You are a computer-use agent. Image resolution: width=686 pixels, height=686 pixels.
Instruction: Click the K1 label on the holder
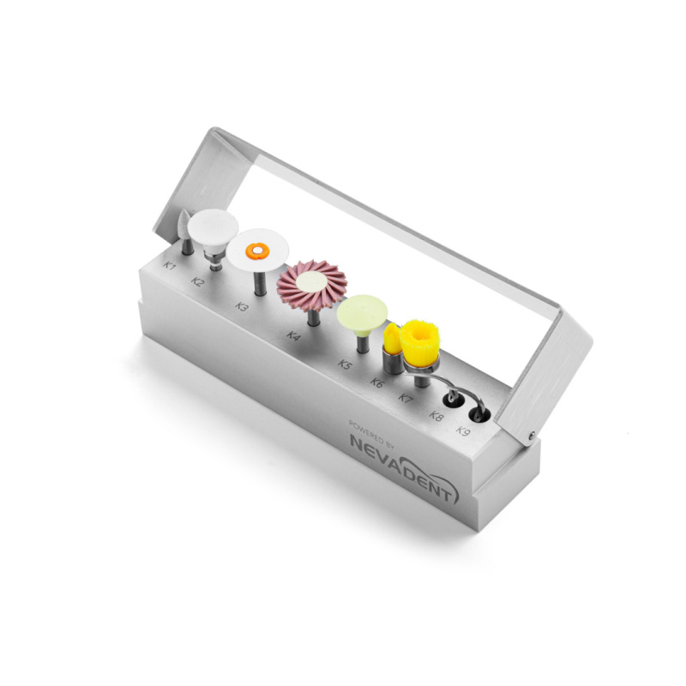[x=170, y=265]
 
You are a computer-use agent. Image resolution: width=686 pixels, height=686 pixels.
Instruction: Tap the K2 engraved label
[x=198, y=281]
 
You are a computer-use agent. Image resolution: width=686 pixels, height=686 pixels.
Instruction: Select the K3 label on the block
[x=241, y=306]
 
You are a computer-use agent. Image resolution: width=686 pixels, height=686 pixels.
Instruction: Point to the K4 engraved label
[x=293, y=336]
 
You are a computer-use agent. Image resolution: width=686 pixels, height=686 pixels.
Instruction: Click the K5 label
[x=345, y=364]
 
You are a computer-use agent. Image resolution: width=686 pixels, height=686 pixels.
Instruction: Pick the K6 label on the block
[x=376, y=382]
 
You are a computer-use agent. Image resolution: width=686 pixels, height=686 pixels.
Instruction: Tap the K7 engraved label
[x=406, y=398]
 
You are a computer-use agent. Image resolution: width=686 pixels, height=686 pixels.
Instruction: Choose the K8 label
[x=436, y=415]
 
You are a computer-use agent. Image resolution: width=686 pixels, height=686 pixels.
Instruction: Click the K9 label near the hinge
[x=463, y=430]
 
